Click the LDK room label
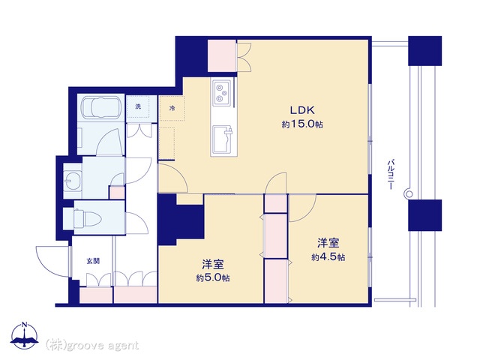click(302, 110)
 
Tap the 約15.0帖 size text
click(302, 124)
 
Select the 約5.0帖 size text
click(213, 277)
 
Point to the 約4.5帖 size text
click(328, 256)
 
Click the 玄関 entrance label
click(93, 261)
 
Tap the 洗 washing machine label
click(138, 106)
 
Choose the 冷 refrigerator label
click(172, 108)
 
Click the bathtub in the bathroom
click(101, 108)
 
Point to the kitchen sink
click(223, 139)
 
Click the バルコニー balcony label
click(390, 174)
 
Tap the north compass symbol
click(25, 335)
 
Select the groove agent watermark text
click(92, 345)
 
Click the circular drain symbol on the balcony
click(409, 193)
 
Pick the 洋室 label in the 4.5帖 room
click(328, 243)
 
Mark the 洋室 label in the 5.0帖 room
click(213, 264)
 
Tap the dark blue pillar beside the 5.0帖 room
click(181, 220)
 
